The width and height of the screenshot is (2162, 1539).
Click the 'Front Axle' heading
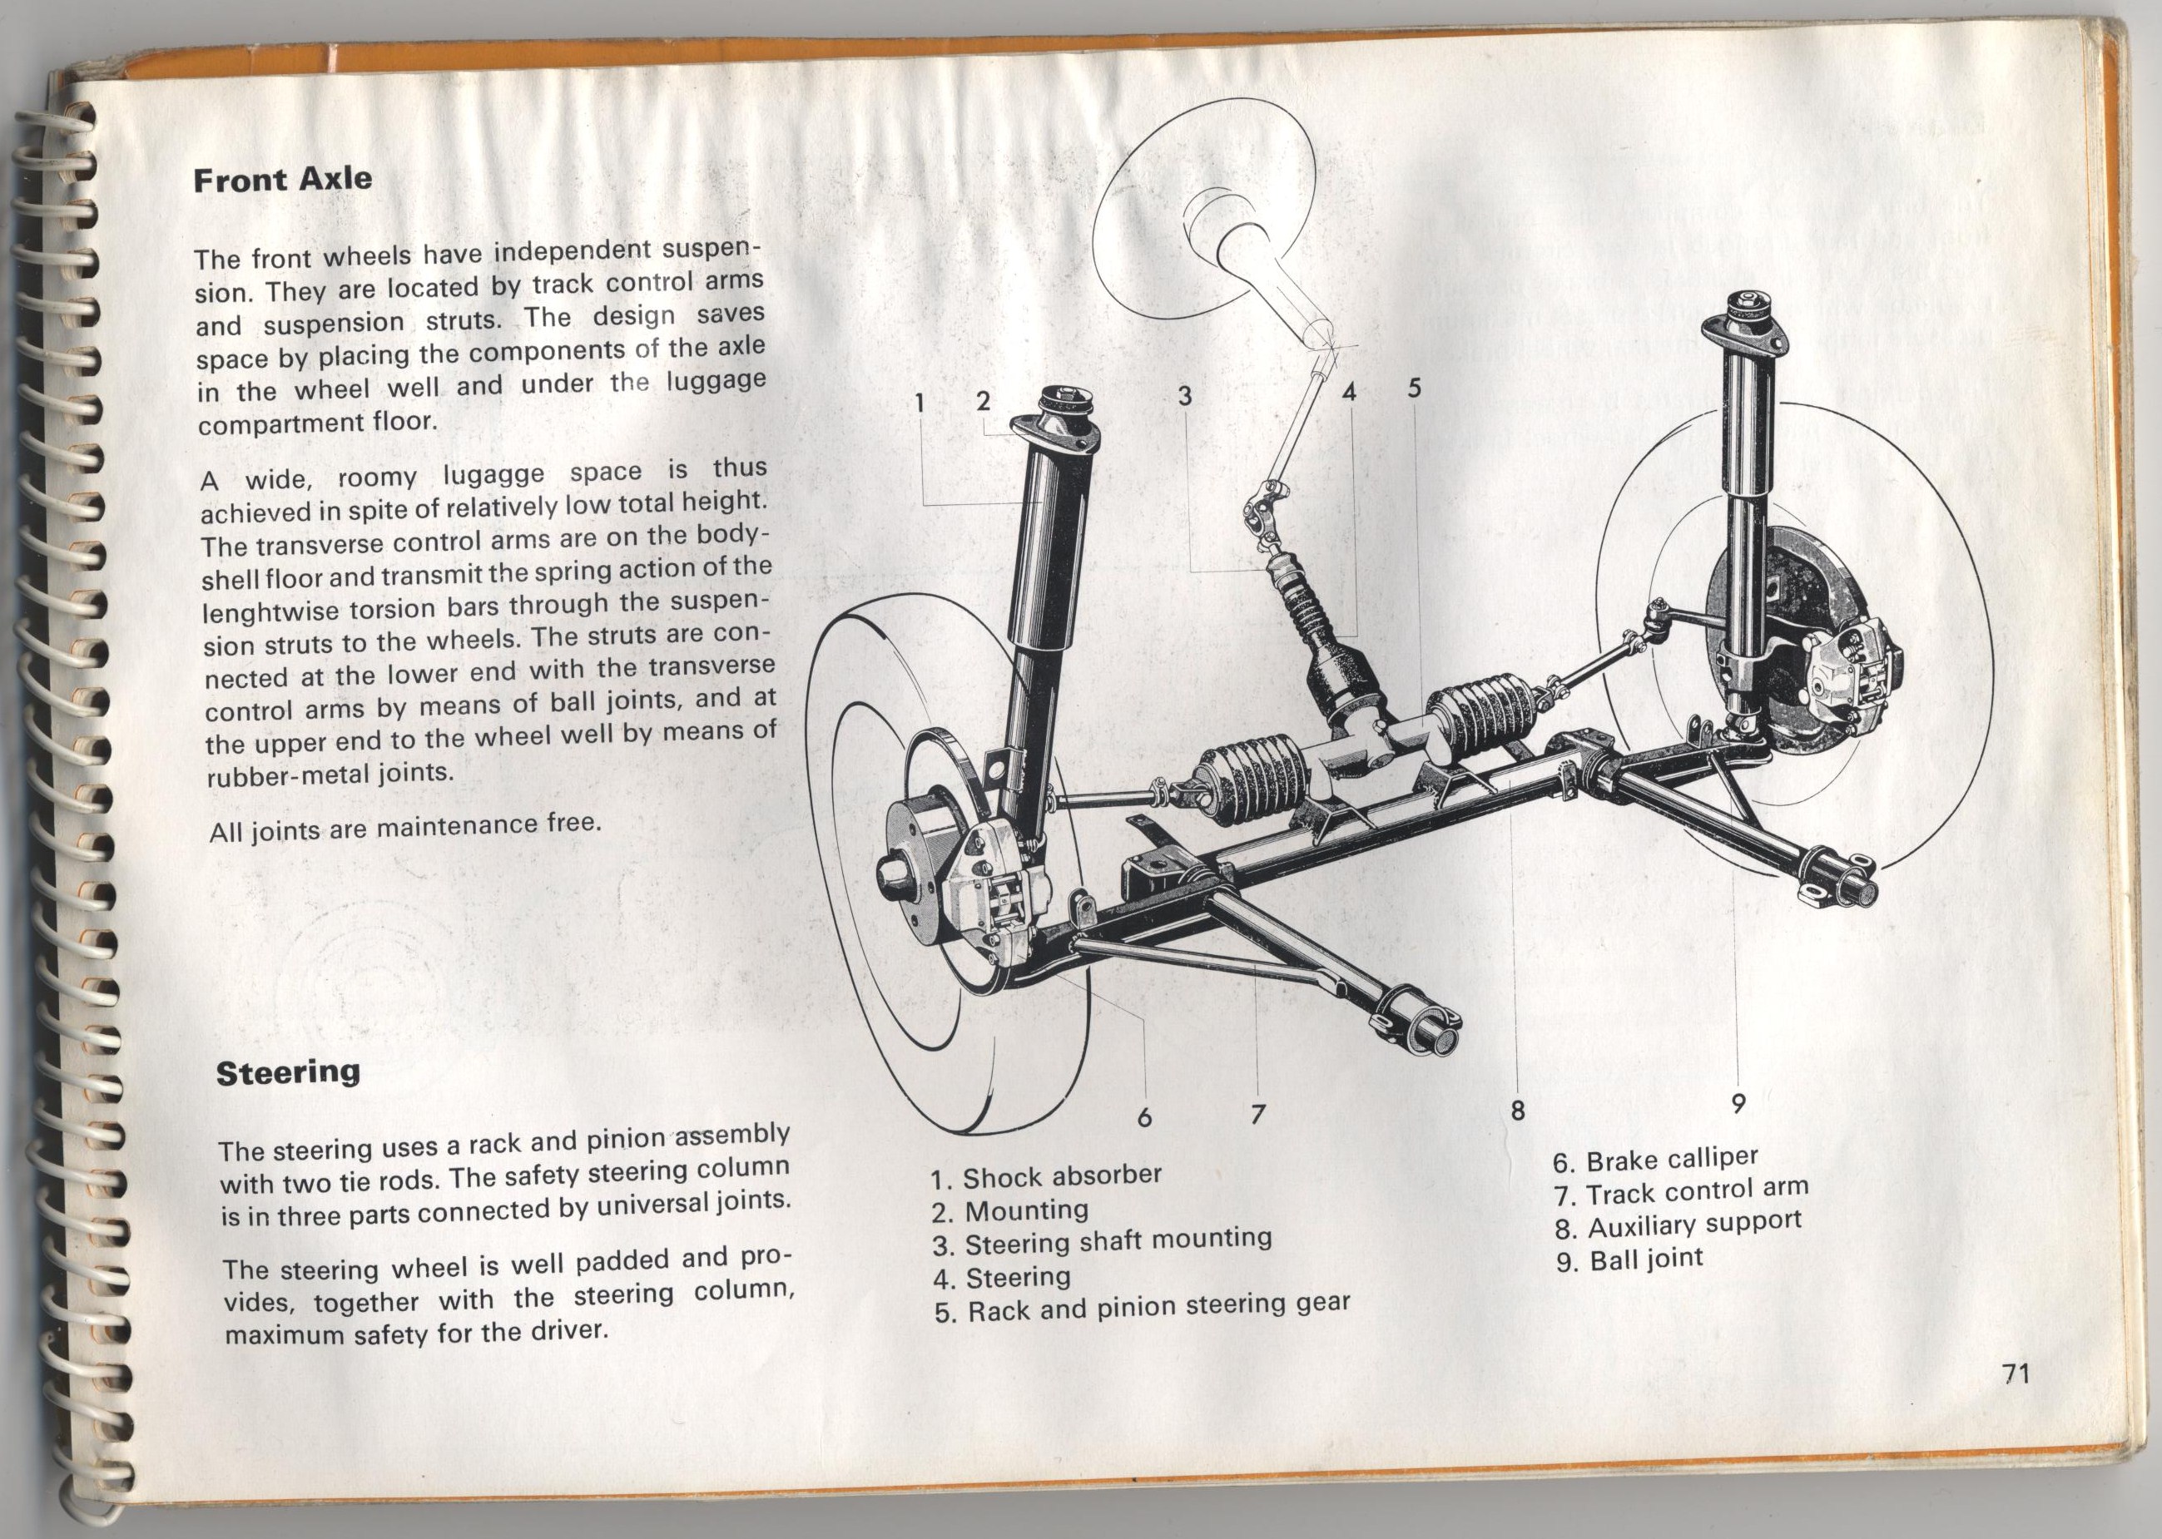click(x=281, y=180)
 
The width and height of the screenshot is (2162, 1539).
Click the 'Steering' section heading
click(x=288, y=1073)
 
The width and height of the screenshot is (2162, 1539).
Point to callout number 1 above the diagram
click(x=919, y=402)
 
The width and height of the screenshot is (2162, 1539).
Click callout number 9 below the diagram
click(x=1738, y=1102)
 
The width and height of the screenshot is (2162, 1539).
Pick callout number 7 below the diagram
click(x=1257, y=1115)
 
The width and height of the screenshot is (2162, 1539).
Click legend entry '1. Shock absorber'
click(x=1045, y=1176)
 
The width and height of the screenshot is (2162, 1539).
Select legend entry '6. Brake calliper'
click(x=1655, y=1160)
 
